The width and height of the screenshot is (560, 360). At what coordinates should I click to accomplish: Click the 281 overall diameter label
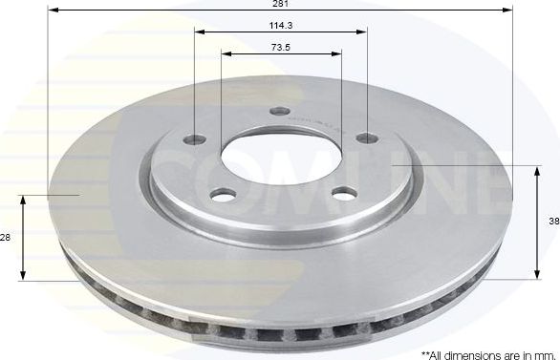pos(280,5)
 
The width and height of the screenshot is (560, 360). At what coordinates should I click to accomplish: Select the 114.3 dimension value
pos(280,26)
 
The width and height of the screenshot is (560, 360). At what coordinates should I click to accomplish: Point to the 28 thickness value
pos(6,237)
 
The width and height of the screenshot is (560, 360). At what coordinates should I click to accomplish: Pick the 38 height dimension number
pos(553,221)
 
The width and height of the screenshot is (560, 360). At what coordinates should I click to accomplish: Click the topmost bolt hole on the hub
pos(279,112)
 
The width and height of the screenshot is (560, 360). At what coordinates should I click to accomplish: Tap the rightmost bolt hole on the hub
pos(366,139)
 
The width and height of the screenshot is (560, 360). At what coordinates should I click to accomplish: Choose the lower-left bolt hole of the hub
pos(224,195)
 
